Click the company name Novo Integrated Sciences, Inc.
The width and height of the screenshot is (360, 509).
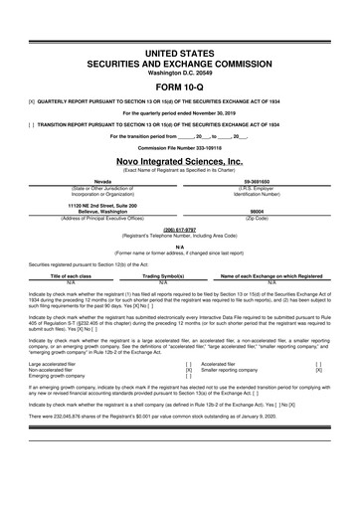179,160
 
